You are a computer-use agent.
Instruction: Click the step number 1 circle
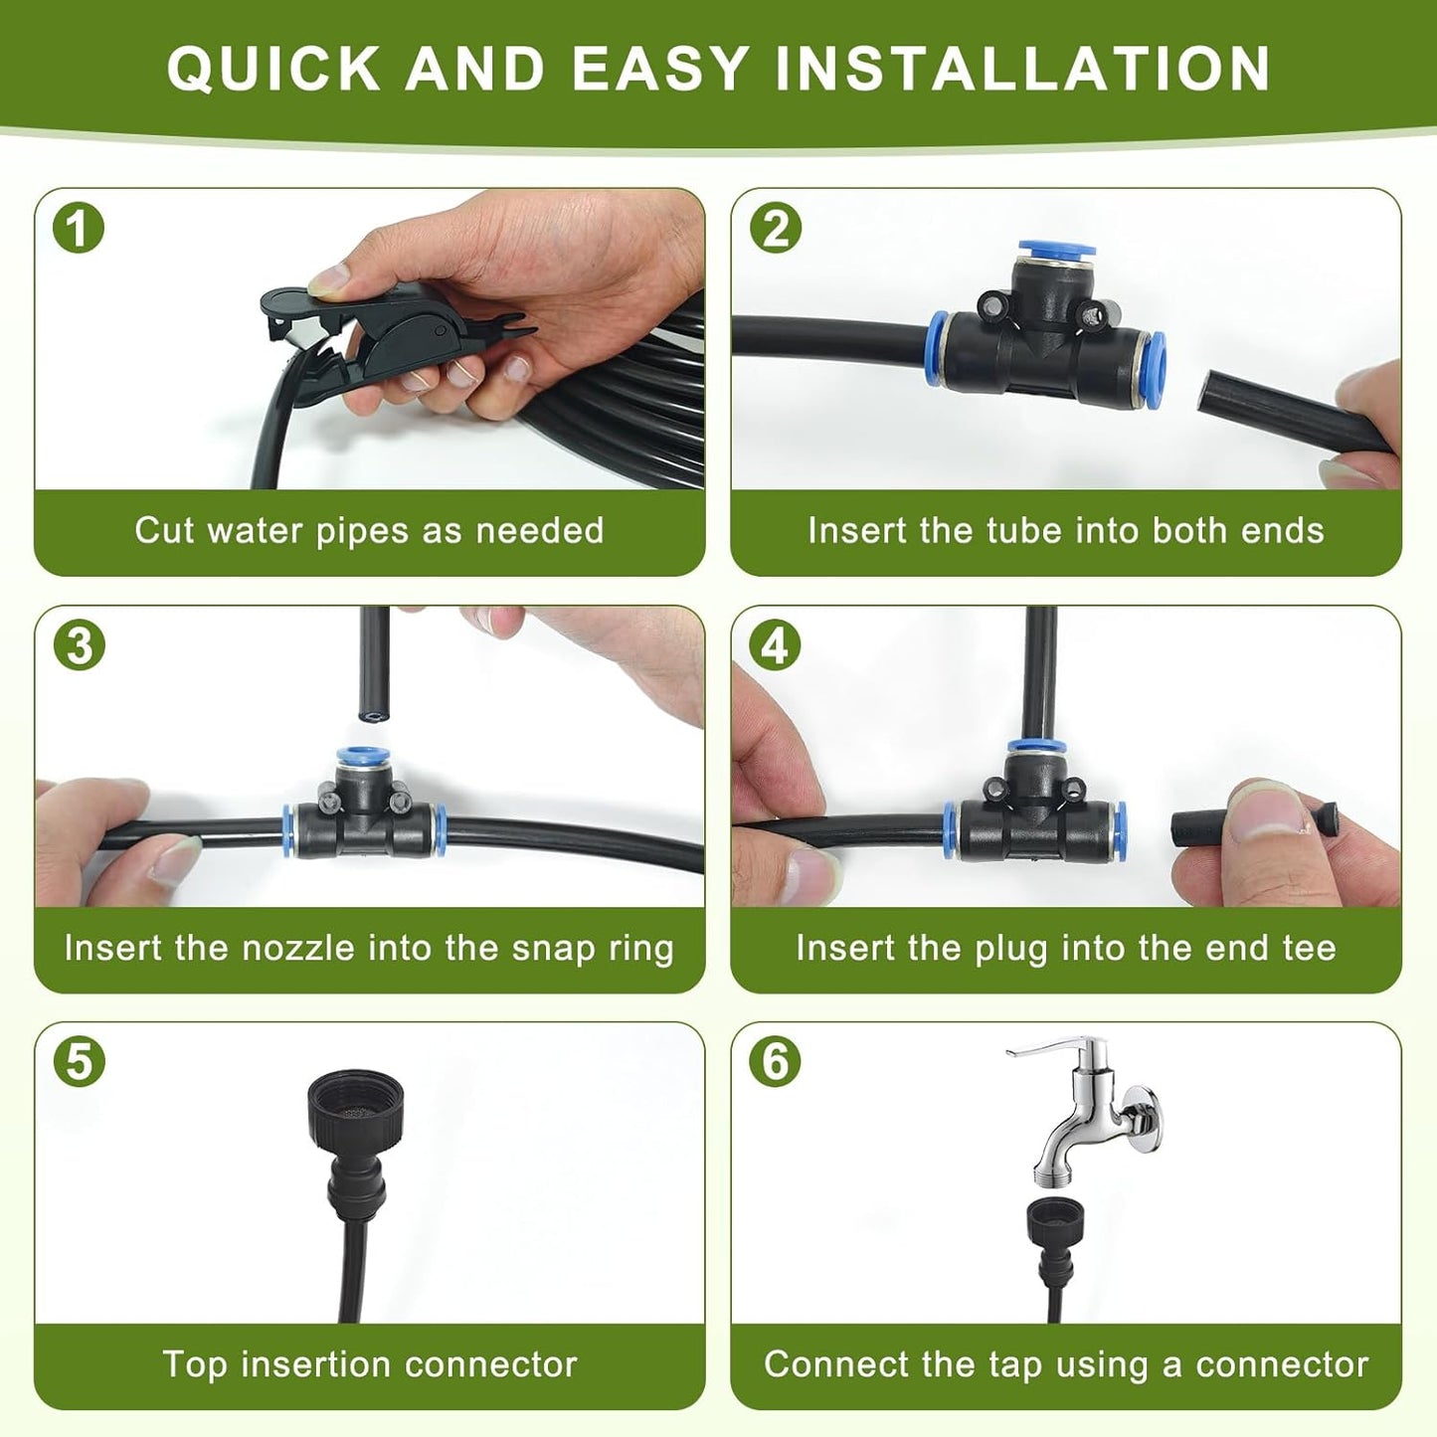tap(79, 229)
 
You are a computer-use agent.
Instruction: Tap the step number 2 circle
tap(776, 229)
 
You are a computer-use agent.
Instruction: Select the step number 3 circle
tap(79, 645)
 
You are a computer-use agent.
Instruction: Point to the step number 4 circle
tap(776, 645)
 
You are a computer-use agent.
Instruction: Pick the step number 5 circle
tap(79, 1062)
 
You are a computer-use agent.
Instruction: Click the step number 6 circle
tap(776, 1062)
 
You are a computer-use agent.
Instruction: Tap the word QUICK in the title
tap(273, 69)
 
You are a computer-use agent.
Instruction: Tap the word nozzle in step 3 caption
tap(299, 948)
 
